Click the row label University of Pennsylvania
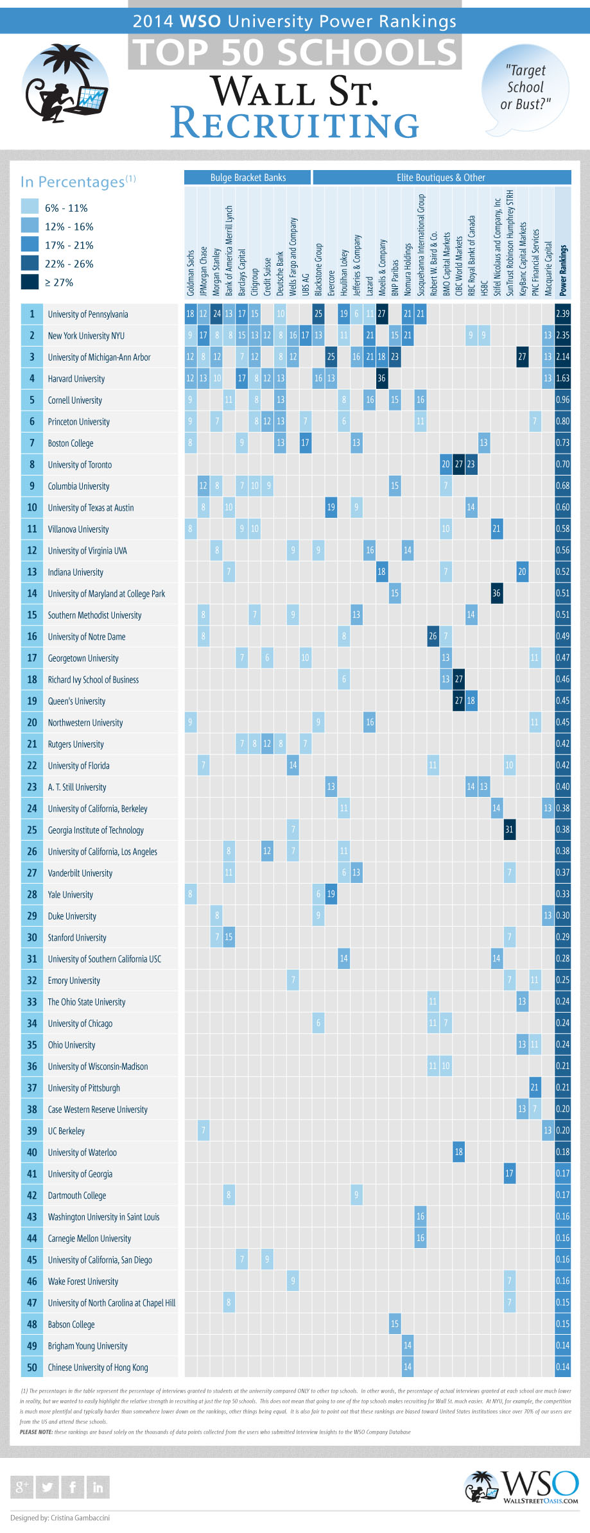[x=88, y=314]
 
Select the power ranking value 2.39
[x=562, y=314]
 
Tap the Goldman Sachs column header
[x=191, y=273]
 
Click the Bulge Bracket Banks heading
[x=248, y=178]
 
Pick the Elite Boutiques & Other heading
[x=441, y=178]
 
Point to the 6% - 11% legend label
[x=66, y=208]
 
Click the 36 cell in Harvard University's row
[x=382, y=379]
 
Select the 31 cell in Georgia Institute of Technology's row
[x=509, y=830]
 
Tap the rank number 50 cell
[x=32, y=1367]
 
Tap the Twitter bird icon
[x=47, y=1487]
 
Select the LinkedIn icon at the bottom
[x=98, y=1487]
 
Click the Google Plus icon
[x=22, y=1487]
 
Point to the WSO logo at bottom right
[x=521, y=1487]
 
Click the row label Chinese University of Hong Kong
[x=98, y=1367]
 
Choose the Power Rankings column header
[x=563, y=270]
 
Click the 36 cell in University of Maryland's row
[x=496, y=594]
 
